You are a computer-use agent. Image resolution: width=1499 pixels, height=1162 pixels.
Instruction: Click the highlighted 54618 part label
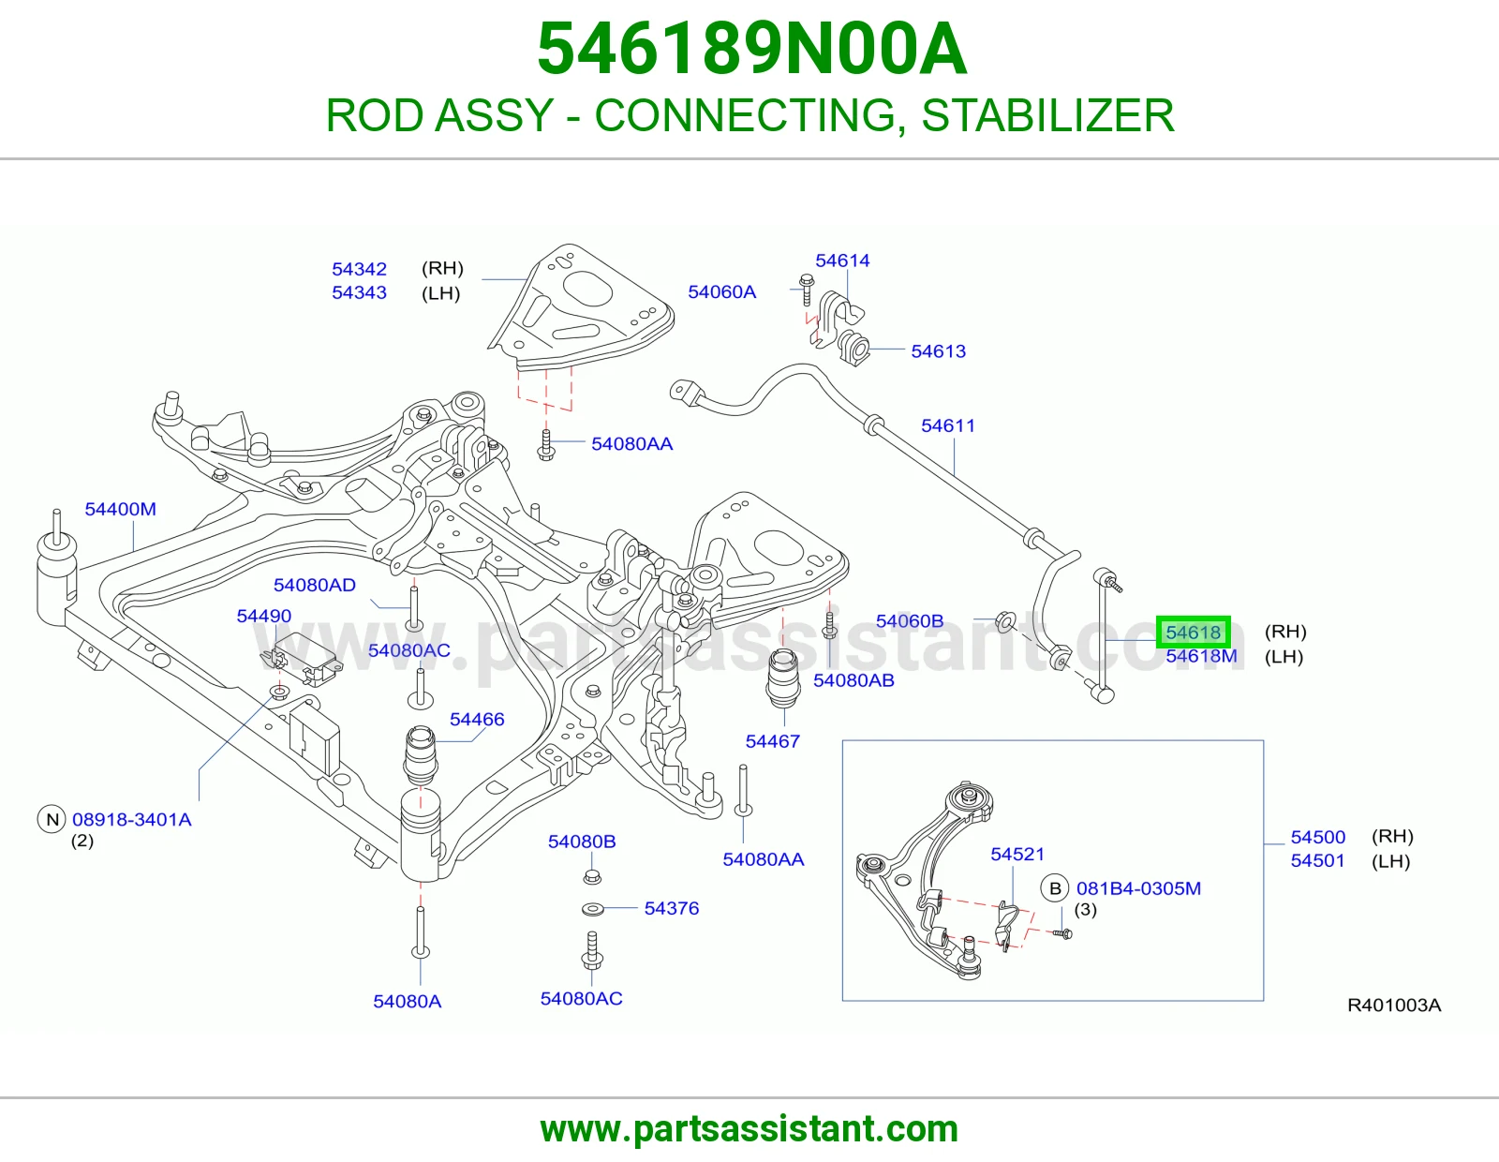(1193, 632)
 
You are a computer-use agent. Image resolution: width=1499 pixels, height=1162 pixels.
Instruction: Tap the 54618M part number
(1201, 656)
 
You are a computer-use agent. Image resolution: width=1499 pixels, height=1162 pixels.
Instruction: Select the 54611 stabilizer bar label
(948, 425)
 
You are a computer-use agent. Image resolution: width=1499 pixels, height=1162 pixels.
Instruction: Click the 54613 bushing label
(938, 351)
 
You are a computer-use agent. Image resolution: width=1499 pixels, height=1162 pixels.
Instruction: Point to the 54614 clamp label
(842, 261)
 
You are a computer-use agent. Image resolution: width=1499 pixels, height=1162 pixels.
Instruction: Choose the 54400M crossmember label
(120, 509)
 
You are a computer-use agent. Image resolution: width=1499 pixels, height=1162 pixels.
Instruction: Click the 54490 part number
(263, 617)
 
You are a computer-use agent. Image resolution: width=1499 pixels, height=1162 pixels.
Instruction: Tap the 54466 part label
(477, 720)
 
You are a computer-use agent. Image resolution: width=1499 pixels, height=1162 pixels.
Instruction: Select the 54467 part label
(773, 742)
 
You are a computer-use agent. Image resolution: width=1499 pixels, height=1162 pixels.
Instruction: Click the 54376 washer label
(671, 909)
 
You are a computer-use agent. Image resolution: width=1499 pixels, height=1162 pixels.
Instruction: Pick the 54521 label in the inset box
(1017, 855)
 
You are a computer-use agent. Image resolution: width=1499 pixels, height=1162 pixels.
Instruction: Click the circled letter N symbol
(52, 820)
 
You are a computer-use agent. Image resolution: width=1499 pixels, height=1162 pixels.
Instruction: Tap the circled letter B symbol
(1055, 888)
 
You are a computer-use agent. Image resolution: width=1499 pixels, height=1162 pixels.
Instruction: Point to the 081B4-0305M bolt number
(1139, 888)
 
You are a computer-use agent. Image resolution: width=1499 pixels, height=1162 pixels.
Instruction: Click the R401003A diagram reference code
(1394, 1006)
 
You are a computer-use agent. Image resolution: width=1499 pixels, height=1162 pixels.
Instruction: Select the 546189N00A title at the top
(751, 49)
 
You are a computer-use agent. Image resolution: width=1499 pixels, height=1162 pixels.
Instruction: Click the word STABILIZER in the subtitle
(1047, 115)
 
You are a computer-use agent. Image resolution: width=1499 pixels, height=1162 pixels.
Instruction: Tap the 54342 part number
(359, 269)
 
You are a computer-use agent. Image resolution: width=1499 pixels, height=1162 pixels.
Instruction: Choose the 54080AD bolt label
(315, 586)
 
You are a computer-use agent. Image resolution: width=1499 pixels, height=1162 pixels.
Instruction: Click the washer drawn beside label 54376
(592, 909)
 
